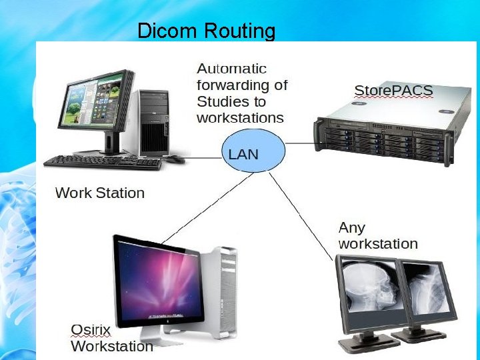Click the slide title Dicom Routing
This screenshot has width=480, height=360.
(x=206, y=31)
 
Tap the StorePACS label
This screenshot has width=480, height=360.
(x=393, y=91)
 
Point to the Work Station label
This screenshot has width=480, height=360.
(x=99, y=193)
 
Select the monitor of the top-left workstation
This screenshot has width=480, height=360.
(x=93, y=107)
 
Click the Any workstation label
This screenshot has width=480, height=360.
(x=378, y=236)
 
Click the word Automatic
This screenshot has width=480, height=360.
(x=232, y=69)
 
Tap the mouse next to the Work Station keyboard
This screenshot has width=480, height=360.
(x=175, y=159)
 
